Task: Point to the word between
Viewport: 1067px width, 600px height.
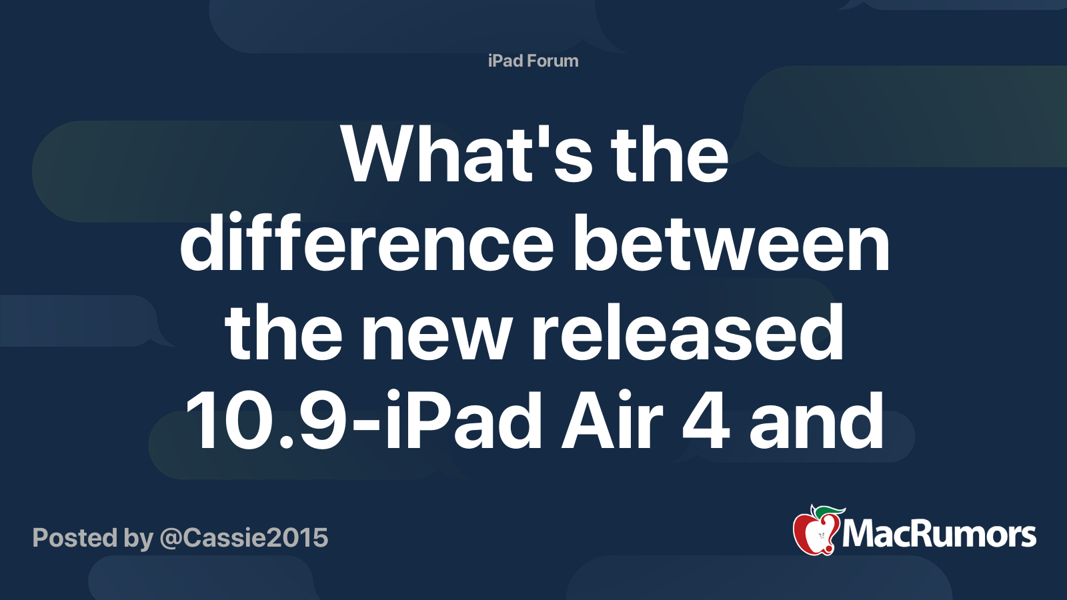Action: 732,244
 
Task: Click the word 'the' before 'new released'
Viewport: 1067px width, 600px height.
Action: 284,333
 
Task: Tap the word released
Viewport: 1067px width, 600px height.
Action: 688,333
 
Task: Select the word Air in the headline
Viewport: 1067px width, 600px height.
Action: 612,422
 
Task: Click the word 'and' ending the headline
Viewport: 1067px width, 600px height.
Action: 816,422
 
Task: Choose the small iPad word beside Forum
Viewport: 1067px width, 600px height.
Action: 505,61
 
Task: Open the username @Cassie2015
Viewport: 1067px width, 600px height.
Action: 244,538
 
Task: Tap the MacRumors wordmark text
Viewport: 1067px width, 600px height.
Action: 939,535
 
